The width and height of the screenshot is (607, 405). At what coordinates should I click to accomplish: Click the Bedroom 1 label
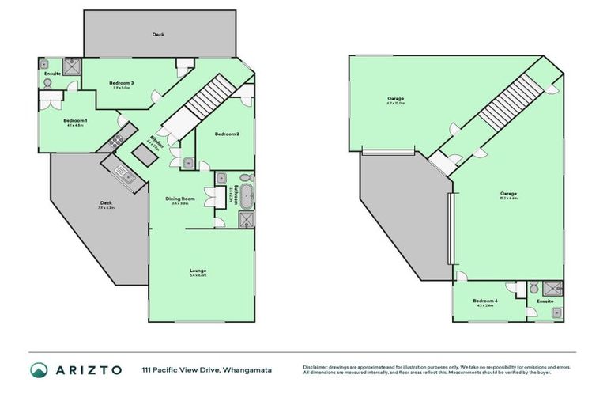[x=75, y=120]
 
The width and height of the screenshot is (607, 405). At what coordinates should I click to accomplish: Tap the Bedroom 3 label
[x=120, y=83]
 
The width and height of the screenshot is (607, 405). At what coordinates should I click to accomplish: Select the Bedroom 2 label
[x=228, y=134]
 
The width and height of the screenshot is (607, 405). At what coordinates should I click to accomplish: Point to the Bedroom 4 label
[x=484, y=301]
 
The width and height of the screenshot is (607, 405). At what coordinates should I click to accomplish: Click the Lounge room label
[x=198, y=271]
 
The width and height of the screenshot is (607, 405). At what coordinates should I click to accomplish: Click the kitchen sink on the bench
[x=122, y=171]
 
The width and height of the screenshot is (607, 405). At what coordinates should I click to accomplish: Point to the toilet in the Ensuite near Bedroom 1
[x=47, y=63]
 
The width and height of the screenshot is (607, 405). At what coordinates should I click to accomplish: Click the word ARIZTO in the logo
[x=89, y=369]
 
